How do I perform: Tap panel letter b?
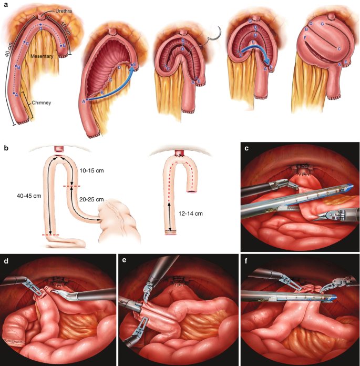[x=6, y=148]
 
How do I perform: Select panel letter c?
[x=247, y=148]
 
